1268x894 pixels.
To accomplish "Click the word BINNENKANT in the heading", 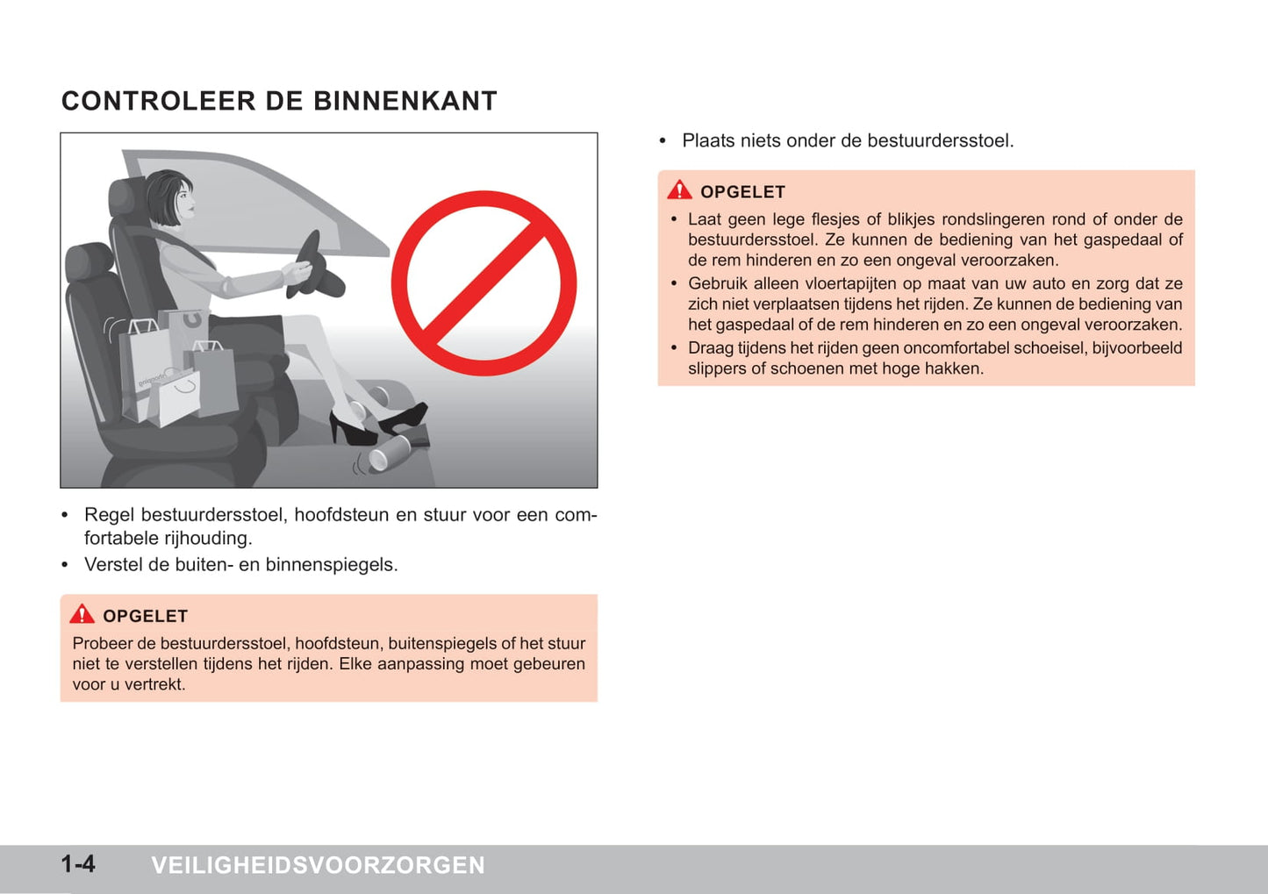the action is (405, 101).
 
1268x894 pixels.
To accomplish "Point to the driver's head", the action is (171, 197).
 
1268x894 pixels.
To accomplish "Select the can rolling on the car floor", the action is (390, 453).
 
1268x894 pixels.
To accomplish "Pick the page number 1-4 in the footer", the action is (78, 864).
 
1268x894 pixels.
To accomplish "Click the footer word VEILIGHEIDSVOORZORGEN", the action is (319, 865).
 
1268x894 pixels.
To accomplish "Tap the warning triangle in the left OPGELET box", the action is (82, 614).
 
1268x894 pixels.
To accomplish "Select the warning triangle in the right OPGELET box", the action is (679, 190).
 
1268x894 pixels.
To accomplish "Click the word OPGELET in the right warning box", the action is (742, 192).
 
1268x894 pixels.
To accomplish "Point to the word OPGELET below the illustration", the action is (146, 616).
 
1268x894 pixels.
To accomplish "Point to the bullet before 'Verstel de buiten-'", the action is (65, 565).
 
